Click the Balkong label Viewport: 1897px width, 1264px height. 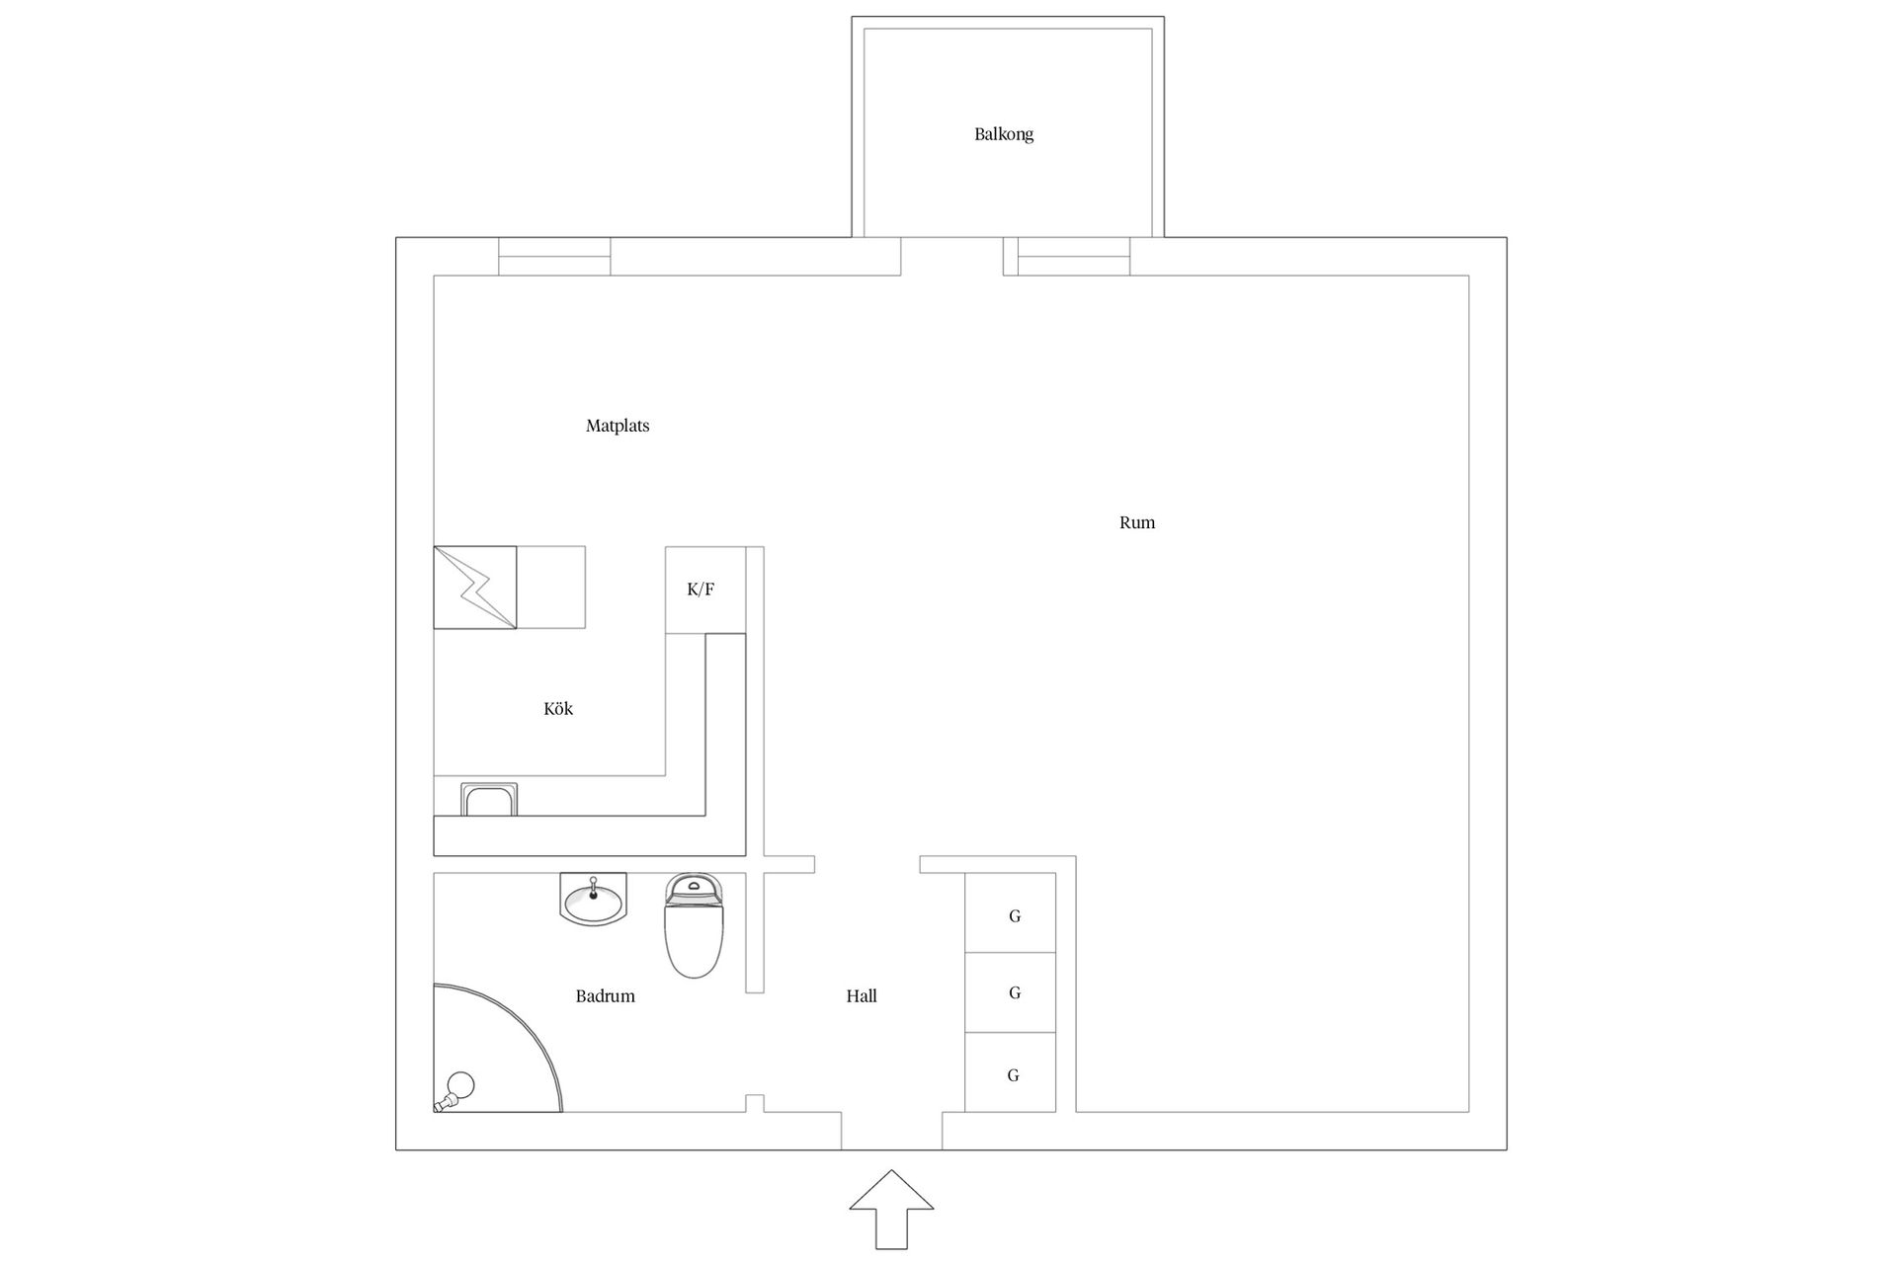point(1004,134)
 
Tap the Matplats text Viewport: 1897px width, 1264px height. point(618,426)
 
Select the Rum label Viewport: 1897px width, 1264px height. point(1137,522)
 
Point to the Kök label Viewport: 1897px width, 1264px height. point(558,708)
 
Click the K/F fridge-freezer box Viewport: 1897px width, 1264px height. point(705,590)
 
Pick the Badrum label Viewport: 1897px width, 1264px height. point(606,996)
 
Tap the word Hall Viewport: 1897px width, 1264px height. point(862,996)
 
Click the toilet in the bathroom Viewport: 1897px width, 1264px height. point(695,925)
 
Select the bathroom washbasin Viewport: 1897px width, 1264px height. point(593,899)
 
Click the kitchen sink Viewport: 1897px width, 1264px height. point(489,800)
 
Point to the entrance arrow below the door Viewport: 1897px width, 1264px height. point(891,1210)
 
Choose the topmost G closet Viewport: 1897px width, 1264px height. point(1011,912)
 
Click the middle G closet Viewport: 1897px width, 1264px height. point(1011,992)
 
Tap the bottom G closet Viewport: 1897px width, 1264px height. point(1011,1072)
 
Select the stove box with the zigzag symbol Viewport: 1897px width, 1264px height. point(475,588)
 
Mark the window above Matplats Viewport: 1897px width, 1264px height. point(554,257)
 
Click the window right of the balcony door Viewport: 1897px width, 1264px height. point(1074,257)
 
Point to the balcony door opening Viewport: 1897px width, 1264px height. point(952,257)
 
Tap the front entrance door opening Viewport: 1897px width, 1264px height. point(891,1132)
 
